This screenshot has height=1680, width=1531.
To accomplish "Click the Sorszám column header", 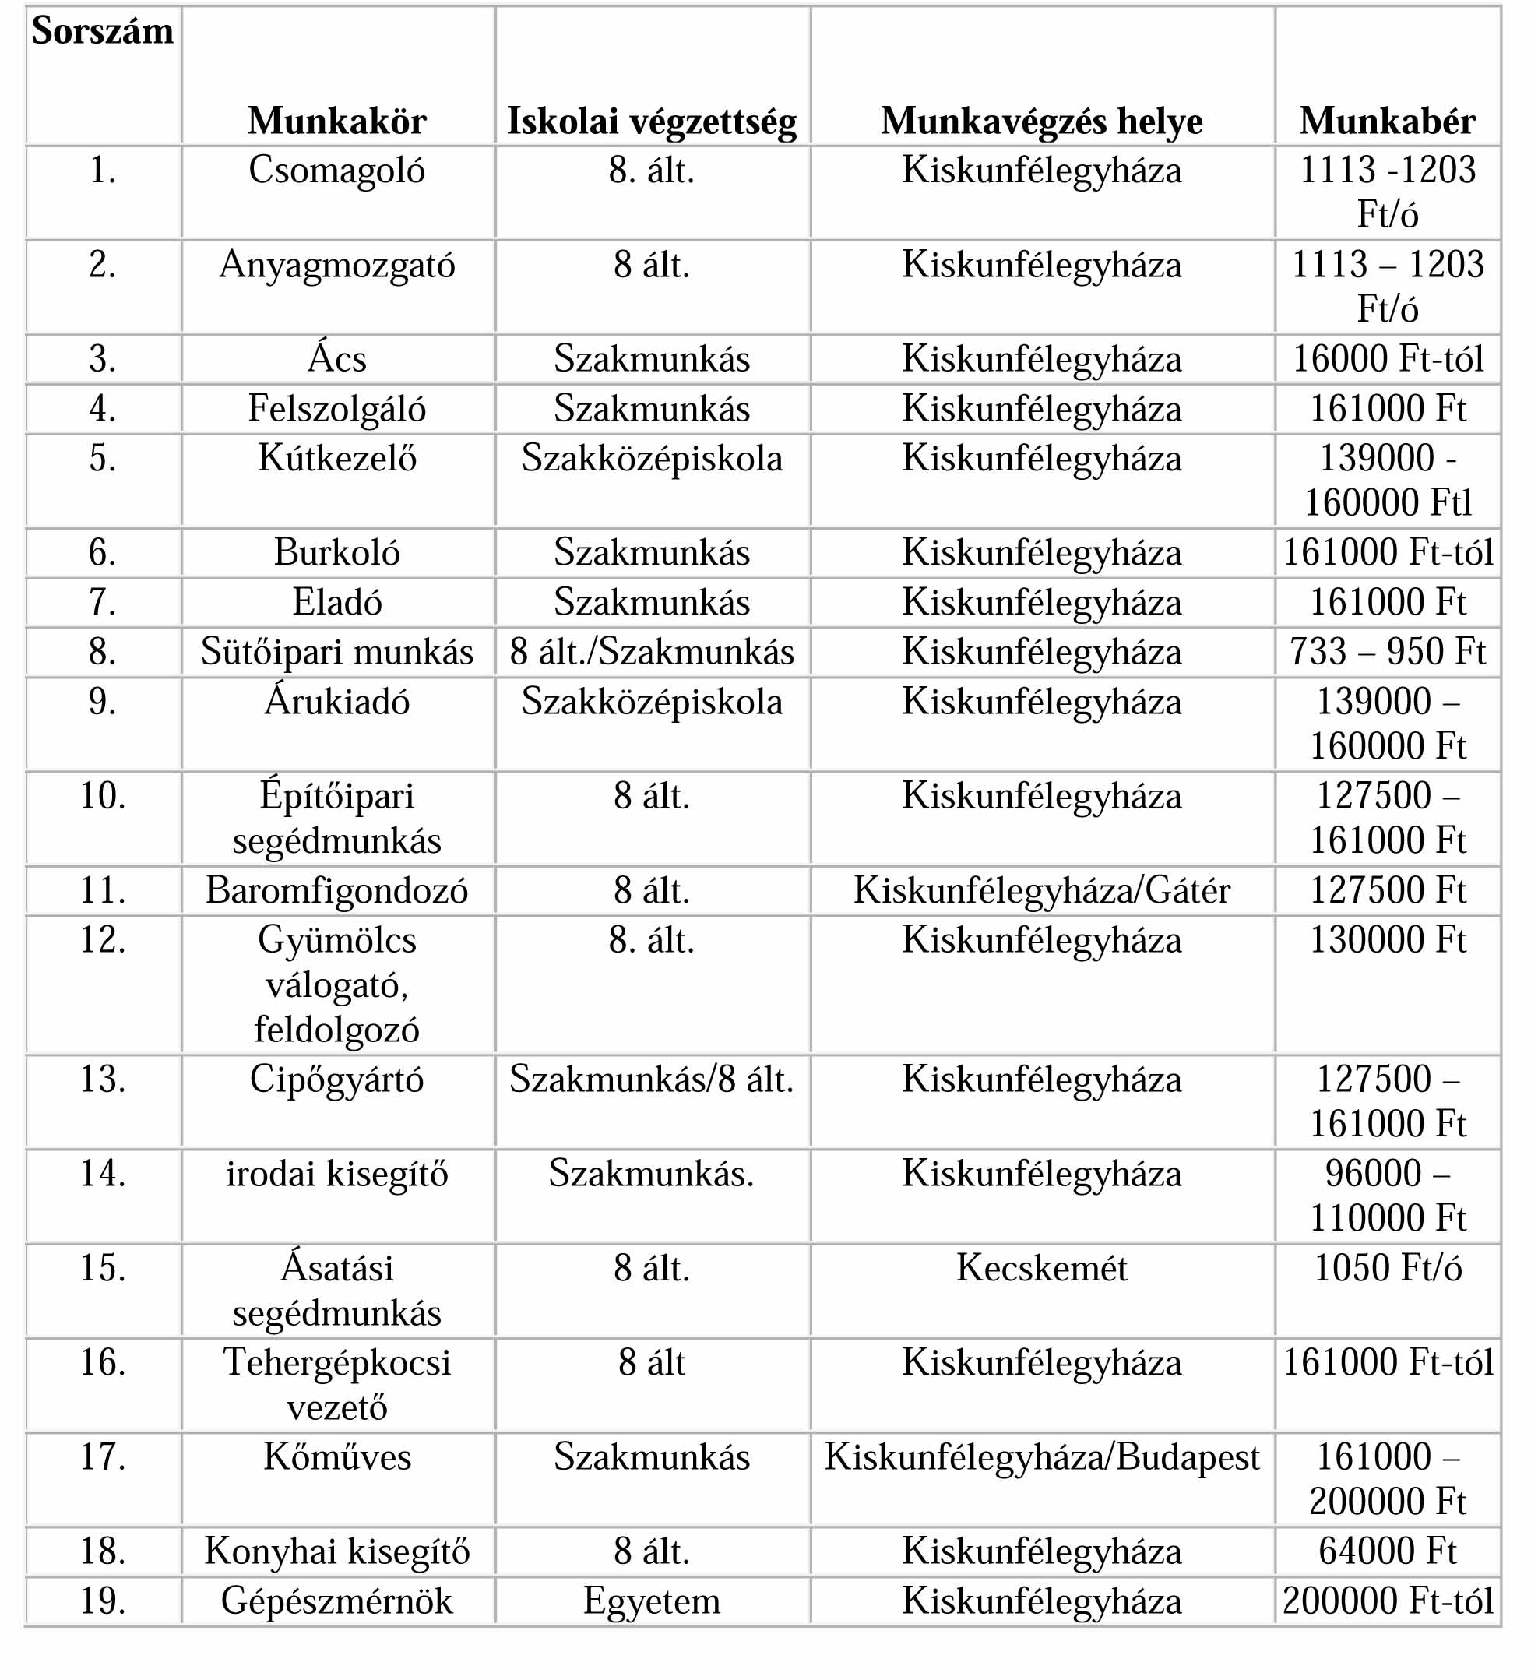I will point(103,32).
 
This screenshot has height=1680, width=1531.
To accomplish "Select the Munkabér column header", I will point(1387,122).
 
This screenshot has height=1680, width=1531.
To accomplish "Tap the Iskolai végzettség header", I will point(652,122).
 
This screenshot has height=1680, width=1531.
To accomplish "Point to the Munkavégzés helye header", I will point(1042,122).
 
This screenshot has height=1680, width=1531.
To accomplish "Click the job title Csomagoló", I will point(336,171).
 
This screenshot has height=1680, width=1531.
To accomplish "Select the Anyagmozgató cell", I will point(336,266).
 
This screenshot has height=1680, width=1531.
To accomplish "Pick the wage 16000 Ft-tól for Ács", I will point(1388,359).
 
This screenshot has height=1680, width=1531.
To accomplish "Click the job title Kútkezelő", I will point(336,458).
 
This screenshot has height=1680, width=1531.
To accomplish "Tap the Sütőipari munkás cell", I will point(336,652).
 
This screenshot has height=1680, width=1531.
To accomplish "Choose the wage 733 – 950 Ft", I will point(1388,652).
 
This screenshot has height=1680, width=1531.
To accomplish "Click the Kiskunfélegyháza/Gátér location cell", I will point(1042,891).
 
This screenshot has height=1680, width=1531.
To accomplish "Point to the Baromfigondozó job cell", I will point(336,891).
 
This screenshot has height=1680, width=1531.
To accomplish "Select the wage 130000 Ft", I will point(1388,941).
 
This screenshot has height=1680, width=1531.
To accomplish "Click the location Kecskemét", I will point(1042,1268).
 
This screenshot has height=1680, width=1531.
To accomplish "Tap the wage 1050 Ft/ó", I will point(1388,1268).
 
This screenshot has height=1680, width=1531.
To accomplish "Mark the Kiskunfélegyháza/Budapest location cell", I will point(1042,1457).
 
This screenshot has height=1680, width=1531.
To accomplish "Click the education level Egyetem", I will point(652,1601).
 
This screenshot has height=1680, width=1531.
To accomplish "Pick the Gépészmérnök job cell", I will point(336,1601).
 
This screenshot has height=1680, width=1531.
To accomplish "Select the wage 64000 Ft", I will point(1388,1551).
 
